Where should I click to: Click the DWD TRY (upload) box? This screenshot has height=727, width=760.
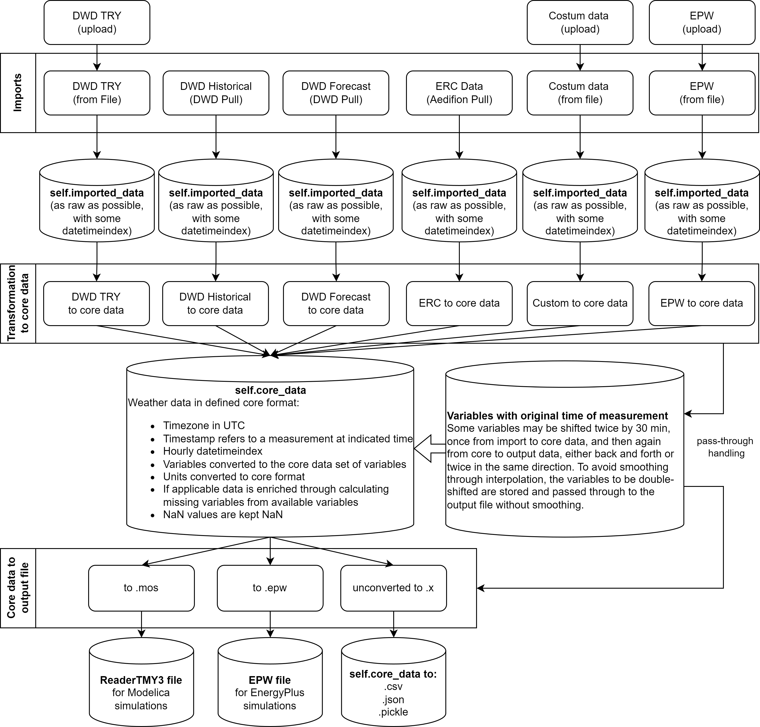pyautogui.click(x=97, y=22)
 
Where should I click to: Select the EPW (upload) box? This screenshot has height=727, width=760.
pyautogui.click(x=702, y=22)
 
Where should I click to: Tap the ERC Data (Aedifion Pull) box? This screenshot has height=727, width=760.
pyautogui.click(x=459, y=93)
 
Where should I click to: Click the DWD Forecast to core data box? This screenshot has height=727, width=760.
pyautogui.click(x=336, y=303)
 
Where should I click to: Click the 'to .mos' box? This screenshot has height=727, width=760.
pyautogui.click(x=141, y=588)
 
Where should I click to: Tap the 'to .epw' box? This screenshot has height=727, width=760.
pyautogui.click(x=270, y=588)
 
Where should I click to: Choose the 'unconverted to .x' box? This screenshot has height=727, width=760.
pyautogui.click(x=393, y=588)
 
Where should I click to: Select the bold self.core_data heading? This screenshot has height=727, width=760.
pyautogui.click(x=270, y=390)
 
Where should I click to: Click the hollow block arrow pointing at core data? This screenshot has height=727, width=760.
pyautogui.click(x=428, y=448)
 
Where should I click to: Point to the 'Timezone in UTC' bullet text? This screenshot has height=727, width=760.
pyautogui.click(x=204, y=425)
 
